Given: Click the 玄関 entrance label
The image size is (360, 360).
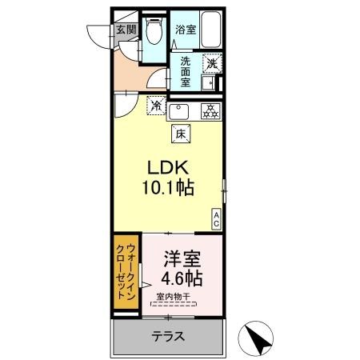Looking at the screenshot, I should (126, 31).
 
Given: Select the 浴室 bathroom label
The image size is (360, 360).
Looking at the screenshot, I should (186, 30).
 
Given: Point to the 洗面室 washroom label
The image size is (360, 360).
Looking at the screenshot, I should (186, 70).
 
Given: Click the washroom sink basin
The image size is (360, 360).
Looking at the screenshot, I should (210, 82).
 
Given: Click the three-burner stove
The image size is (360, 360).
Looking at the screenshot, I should (210, 111).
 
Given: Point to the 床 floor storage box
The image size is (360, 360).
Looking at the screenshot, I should (181, 134).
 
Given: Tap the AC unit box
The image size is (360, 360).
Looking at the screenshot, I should (215, 218).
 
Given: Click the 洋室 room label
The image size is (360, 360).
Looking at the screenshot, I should (181, 259).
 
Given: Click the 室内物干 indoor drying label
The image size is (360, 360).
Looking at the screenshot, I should (174, 299).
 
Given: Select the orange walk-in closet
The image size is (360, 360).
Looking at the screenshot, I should (125, 273).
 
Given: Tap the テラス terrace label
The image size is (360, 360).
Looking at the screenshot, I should (167, 337).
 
